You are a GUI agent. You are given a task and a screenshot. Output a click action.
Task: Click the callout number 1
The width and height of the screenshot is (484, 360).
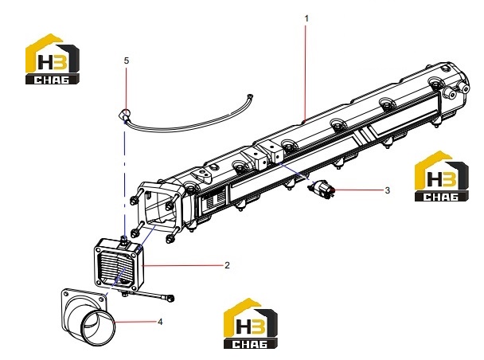[x=306, y=19]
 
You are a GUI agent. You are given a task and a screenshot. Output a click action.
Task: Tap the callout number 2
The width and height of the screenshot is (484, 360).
[x=227, y=265]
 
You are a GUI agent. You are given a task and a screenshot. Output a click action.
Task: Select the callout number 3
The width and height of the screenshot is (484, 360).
[x=388, y=190]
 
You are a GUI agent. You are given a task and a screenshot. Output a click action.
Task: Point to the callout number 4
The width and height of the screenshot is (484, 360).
[x=160, y=322]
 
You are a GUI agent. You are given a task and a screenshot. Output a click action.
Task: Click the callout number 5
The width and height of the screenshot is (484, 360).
[x=127, y=61]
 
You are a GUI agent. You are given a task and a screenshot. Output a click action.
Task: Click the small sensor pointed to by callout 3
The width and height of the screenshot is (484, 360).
[x=322, y=189]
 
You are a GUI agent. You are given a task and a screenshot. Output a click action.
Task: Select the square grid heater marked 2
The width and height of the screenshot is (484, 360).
[x=119, y=265]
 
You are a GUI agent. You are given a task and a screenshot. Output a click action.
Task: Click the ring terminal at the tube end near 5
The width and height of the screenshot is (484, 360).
[x=124, y=115]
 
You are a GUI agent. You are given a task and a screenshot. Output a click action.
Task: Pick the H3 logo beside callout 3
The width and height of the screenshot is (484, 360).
[x=441, y=176]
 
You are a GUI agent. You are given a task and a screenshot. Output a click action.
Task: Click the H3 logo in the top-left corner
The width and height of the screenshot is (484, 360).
[x=53, y=59]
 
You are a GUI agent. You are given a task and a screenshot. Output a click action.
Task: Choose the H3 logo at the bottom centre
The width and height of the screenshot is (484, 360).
[x=250, y=323]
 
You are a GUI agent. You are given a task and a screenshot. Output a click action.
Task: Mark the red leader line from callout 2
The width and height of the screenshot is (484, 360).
[x=183, y=265]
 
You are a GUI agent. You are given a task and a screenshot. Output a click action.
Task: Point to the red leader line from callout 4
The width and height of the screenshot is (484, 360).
[x=135, y=322]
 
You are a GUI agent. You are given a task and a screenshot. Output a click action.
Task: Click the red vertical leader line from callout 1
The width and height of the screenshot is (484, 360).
[x=306, y=72]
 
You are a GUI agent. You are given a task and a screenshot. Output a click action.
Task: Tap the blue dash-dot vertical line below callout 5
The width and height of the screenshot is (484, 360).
[x=125, y=178]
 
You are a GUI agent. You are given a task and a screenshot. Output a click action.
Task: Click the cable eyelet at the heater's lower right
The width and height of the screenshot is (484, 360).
[x=170, y=298]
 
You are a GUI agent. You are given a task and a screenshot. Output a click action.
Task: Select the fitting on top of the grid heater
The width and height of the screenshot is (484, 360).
[x=124, y=241]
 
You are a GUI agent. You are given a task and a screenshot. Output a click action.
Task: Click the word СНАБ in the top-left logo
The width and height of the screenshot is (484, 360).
[x=52, y=80]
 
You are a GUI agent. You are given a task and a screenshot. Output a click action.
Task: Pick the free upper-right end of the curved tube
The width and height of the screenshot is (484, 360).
[x=251, y=96]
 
